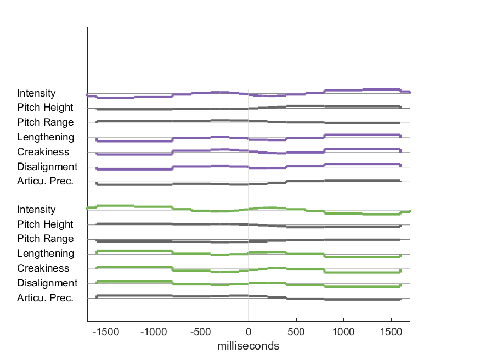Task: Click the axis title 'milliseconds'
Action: coord(249,346)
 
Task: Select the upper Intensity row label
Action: coord(36,93)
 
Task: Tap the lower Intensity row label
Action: coord(36,210)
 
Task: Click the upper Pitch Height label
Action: coord(45,108)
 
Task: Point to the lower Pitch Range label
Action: coord(45,239)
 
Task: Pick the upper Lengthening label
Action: coord(46,137)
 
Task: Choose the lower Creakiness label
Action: coord(43,268)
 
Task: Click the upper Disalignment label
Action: coord(47,167)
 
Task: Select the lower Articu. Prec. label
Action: coord(45,297)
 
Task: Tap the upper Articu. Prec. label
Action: coord(45,181)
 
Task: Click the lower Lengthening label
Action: coord(46,254)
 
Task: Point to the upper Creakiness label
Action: coord(43,152)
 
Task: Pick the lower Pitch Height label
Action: coord(45,224)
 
